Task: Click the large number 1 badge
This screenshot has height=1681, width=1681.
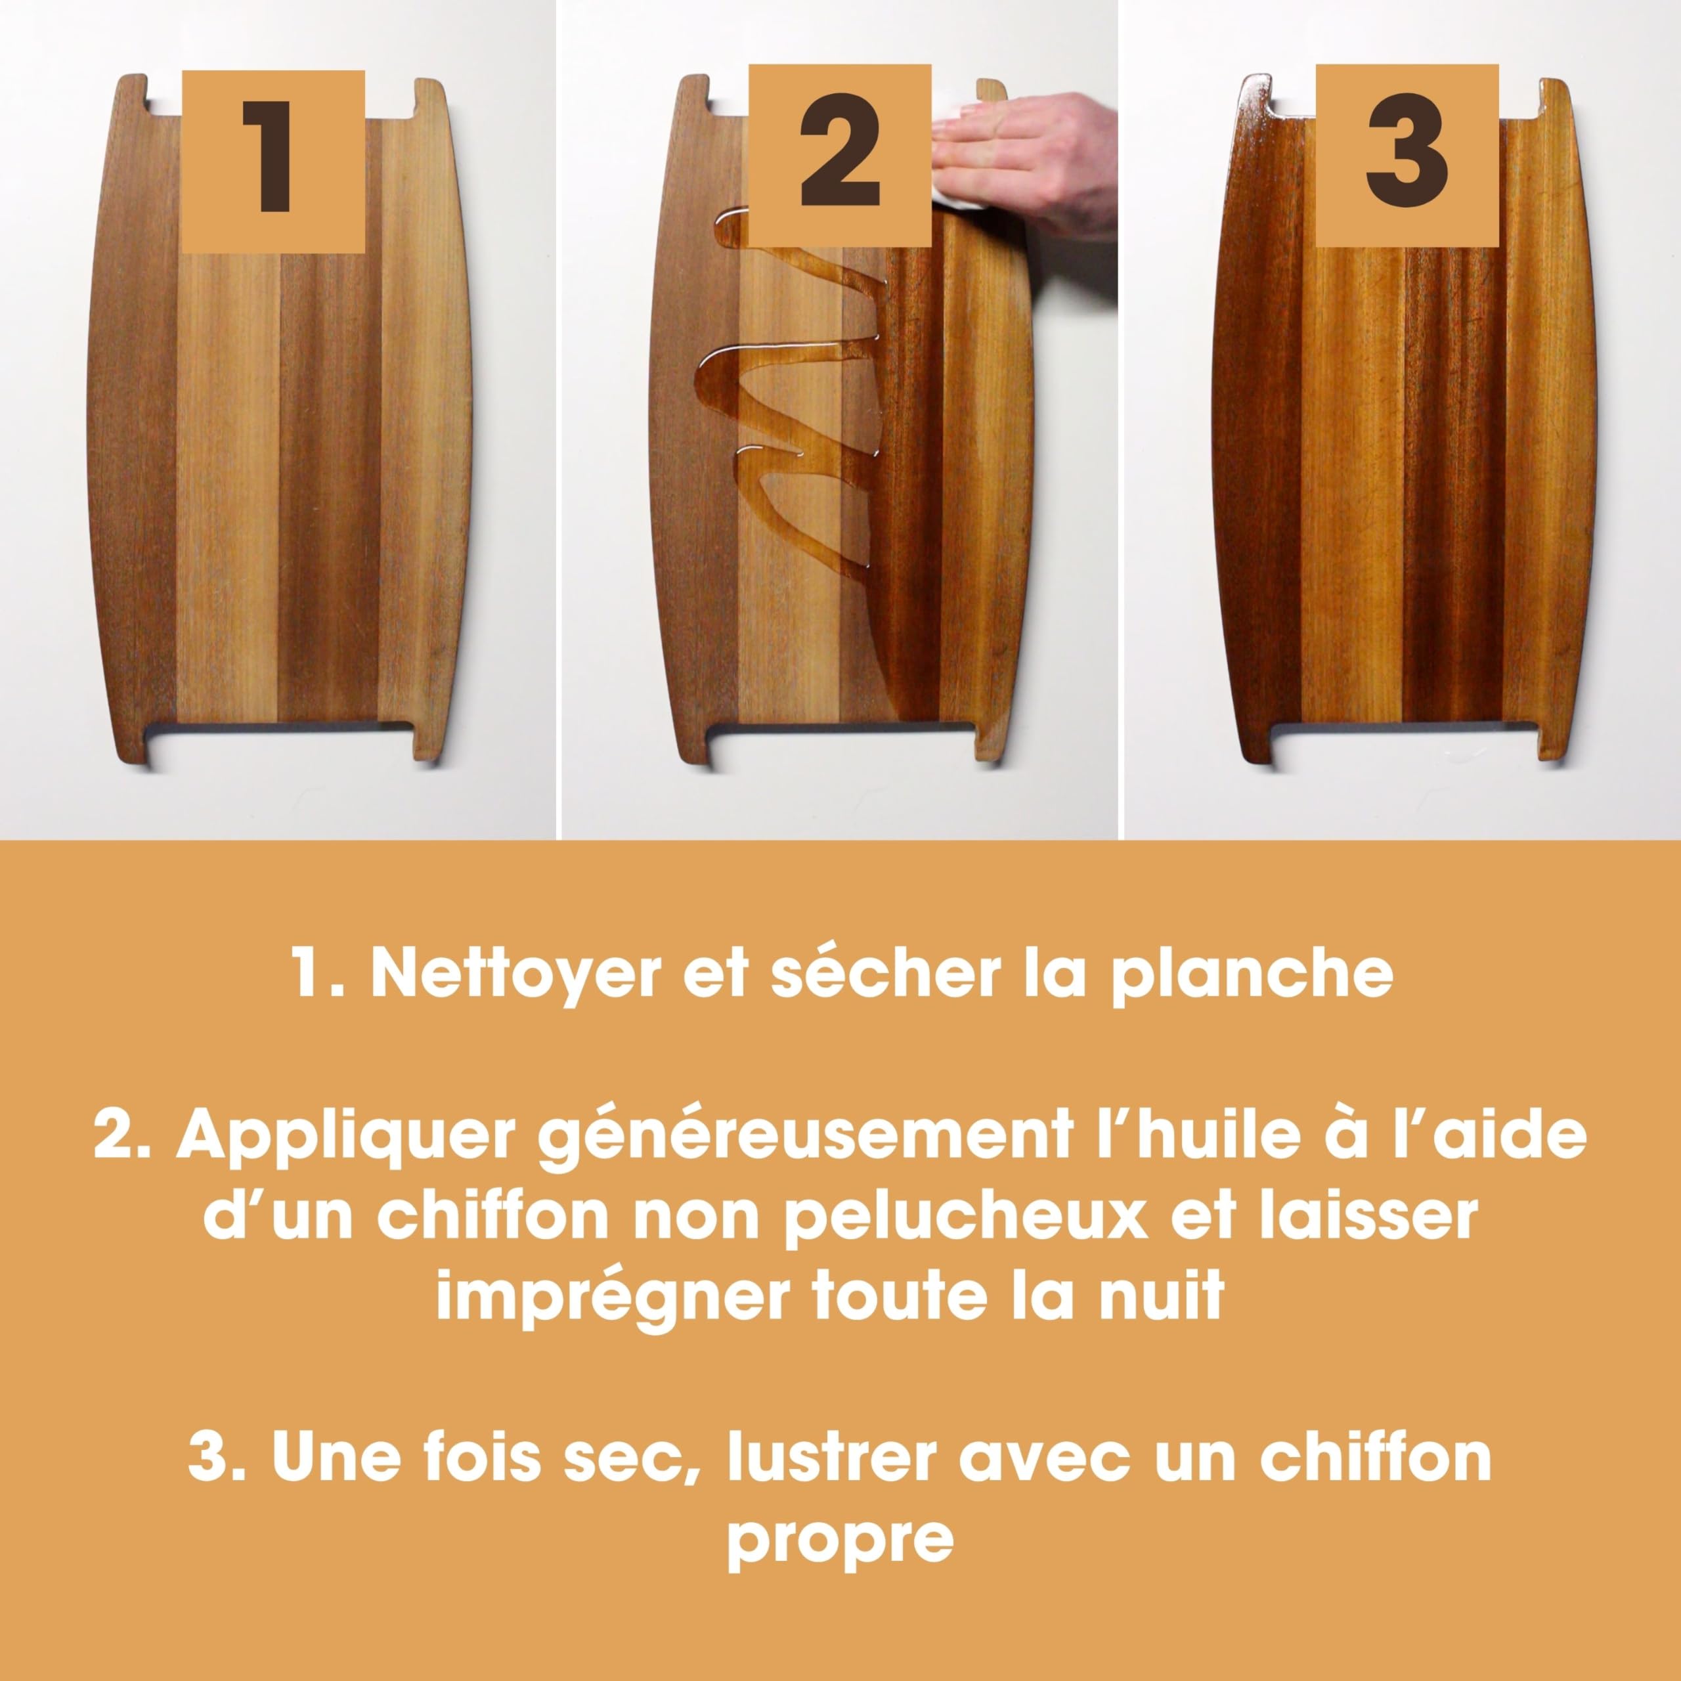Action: tap(273, 162)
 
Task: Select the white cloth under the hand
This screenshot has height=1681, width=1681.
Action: tap(953, 161)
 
